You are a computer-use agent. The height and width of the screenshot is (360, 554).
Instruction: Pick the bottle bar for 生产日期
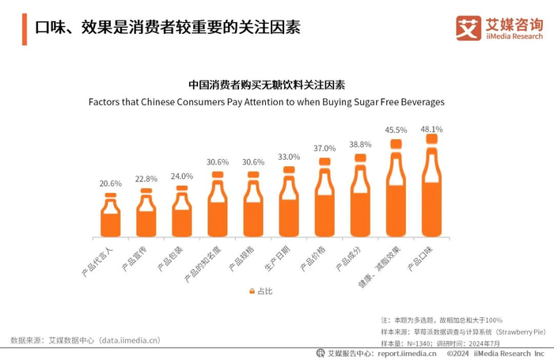click(x=289, y=204)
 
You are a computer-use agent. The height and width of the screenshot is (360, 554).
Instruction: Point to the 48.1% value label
click(x=431, y=128)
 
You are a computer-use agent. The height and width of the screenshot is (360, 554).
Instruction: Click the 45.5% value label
click(x=396, y=130)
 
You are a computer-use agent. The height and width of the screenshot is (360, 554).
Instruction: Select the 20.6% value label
click(x=111, y=184)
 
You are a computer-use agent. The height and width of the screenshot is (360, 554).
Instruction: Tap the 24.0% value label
click(x=182, y=176)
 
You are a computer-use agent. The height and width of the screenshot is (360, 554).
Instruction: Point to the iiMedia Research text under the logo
click(x=514, y=36)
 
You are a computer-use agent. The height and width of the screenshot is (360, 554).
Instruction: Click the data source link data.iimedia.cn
click(x=129, y=340)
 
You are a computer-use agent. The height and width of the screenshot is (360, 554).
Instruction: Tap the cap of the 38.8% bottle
click(x=360, y=158)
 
